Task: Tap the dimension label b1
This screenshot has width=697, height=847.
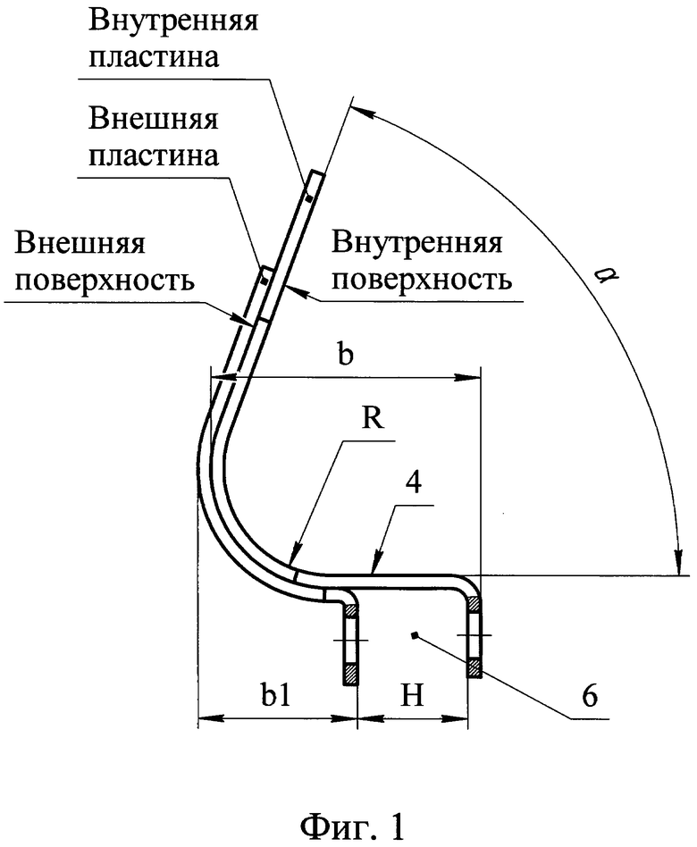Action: pos(275,696)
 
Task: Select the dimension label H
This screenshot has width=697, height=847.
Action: pos(412,696)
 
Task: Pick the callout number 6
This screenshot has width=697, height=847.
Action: pos(590,696)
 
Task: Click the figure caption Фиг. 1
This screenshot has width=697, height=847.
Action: pos(352,825)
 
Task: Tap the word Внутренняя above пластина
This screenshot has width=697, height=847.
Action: pos(172,21)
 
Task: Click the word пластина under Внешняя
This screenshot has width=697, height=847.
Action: pos(154,155)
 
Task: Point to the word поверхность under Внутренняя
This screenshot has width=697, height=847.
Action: pos(422,280)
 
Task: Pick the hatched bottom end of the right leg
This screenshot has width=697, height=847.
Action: pos(474,668)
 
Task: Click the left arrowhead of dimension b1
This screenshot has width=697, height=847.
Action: pos(211,718)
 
